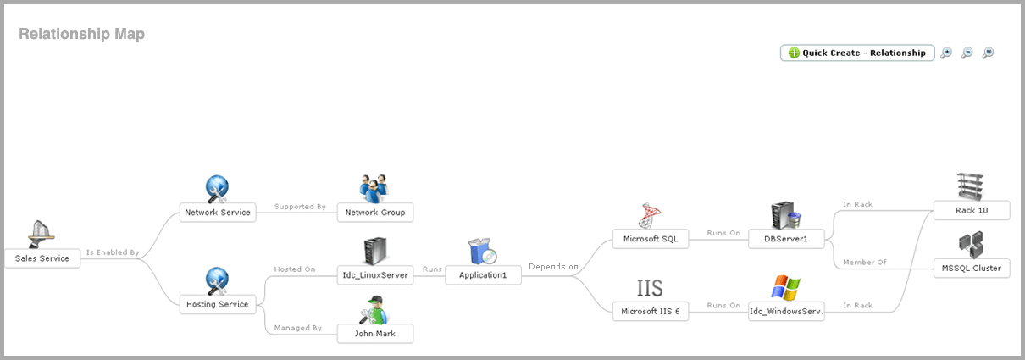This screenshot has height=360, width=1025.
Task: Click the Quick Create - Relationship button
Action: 856,53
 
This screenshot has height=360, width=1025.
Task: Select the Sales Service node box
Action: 42,258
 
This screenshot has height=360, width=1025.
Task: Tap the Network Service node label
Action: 218,213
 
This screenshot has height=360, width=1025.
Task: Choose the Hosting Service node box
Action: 218,304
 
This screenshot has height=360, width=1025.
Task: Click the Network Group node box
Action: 375,213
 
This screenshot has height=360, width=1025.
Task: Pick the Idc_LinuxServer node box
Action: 375,274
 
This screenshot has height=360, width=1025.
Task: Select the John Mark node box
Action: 375,334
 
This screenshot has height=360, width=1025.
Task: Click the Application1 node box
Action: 483,274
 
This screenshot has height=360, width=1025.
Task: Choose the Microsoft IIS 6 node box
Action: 651,312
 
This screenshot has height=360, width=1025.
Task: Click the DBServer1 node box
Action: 786,239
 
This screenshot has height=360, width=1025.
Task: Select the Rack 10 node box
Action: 971,210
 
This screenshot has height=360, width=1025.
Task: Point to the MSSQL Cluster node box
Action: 971,269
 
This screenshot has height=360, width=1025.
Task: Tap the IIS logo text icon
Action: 650,287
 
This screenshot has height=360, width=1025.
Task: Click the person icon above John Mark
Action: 374,310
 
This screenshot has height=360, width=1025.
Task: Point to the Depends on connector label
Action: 553,267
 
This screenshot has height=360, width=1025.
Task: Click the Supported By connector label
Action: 300,207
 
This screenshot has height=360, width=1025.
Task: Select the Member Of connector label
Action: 864,263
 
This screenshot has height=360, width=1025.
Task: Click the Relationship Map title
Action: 81,34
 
